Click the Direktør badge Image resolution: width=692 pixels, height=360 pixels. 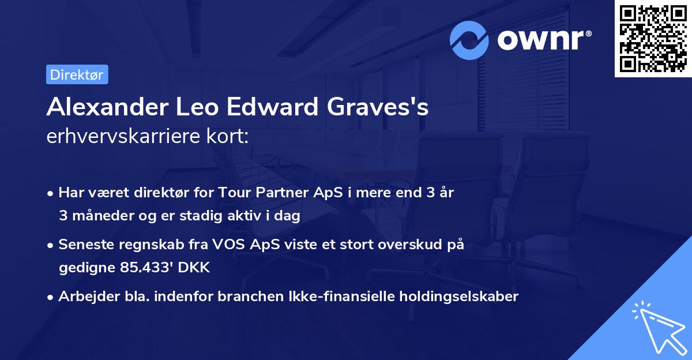77,74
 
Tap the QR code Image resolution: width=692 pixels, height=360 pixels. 653,39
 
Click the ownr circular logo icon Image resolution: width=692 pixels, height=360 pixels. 469,40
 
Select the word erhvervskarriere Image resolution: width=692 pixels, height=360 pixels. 119,136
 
